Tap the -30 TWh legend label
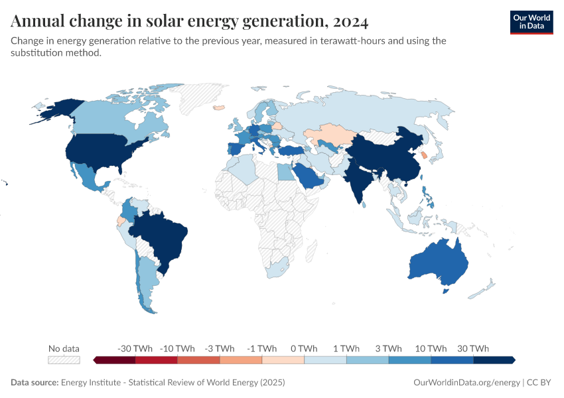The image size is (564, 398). click(135, 348)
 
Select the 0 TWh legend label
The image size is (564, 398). click(304, 348)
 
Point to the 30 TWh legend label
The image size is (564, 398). click(473, 348)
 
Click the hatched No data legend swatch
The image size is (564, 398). click(64, 360)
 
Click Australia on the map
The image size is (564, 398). click(438, 262)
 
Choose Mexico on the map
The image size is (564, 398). click(86, 176)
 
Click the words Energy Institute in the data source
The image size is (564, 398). click(92, 383)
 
